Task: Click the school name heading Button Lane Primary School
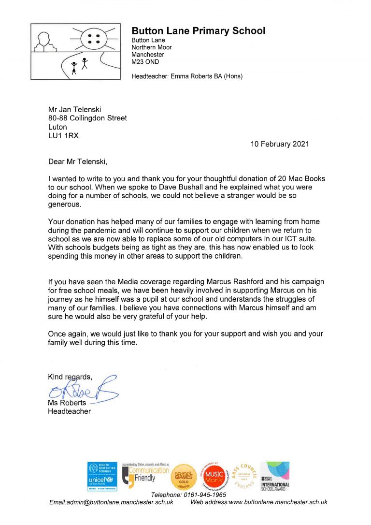(198, 31)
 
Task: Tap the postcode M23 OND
(145, 62)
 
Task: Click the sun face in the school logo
(93, 38)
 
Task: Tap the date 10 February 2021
(280, 144)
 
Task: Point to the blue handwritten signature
(83, 390)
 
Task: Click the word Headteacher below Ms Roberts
(69, 411)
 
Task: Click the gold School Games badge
(183, 478)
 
